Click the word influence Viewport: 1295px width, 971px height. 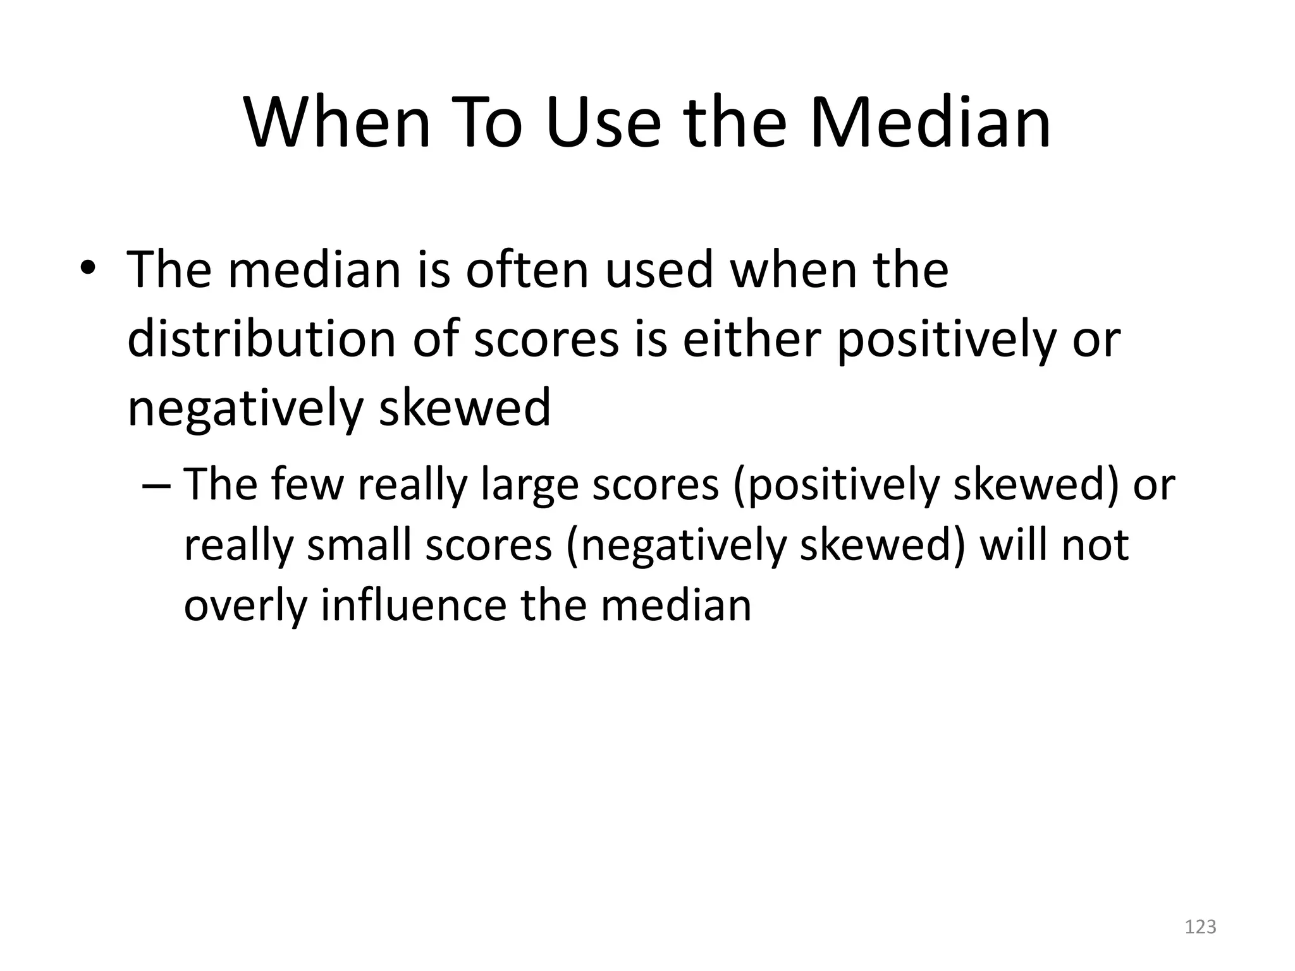(414, 604)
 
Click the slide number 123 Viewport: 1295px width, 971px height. (1200, 927)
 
